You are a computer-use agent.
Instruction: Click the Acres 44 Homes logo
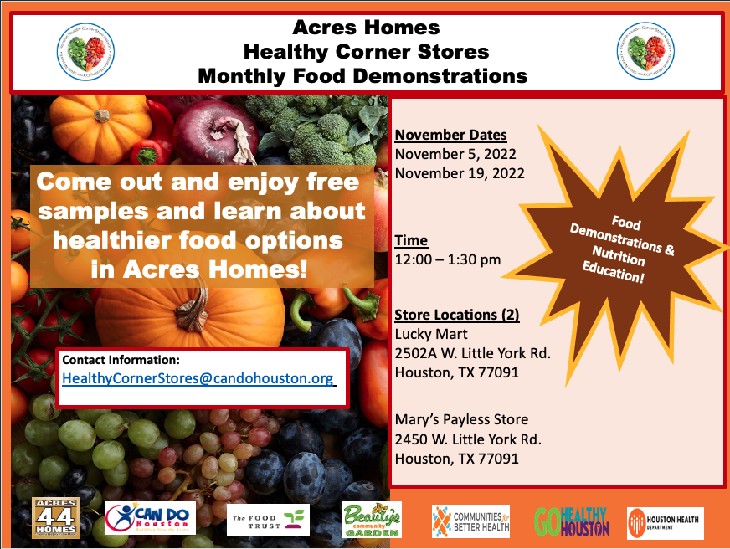(x=56, y=518)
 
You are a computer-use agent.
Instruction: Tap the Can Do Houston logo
(x=151, y=519)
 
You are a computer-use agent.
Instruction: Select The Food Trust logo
(x=268, y=520)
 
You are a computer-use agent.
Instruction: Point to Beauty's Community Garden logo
(x=372, y=520)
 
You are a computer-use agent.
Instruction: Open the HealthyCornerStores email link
(x=199, y=378)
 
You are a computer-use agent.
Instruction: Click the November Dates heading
(x=450, y=135)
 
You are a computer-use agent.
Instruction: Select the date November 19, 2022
(x=460, y=173)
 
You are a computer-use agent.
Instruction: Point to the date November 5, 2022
(x=455, y=154)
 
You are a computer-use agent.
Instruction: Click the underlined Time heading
(x=411, y=241)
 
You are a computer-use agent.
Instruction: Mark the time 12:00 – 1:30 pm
(x=448, y=259)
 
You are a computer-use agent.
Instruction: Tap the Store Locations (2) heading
(x=457, y=316)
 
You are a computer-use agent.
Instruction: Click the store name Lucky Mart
(x=431, y=334)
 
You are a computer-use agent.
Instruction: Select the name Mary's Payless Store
(x=461, y=419)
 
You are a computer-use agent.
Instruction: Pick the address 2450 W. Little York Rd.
(x=468, y=439)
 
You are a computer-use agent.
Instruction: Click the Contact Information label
(x=121, y=360)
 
